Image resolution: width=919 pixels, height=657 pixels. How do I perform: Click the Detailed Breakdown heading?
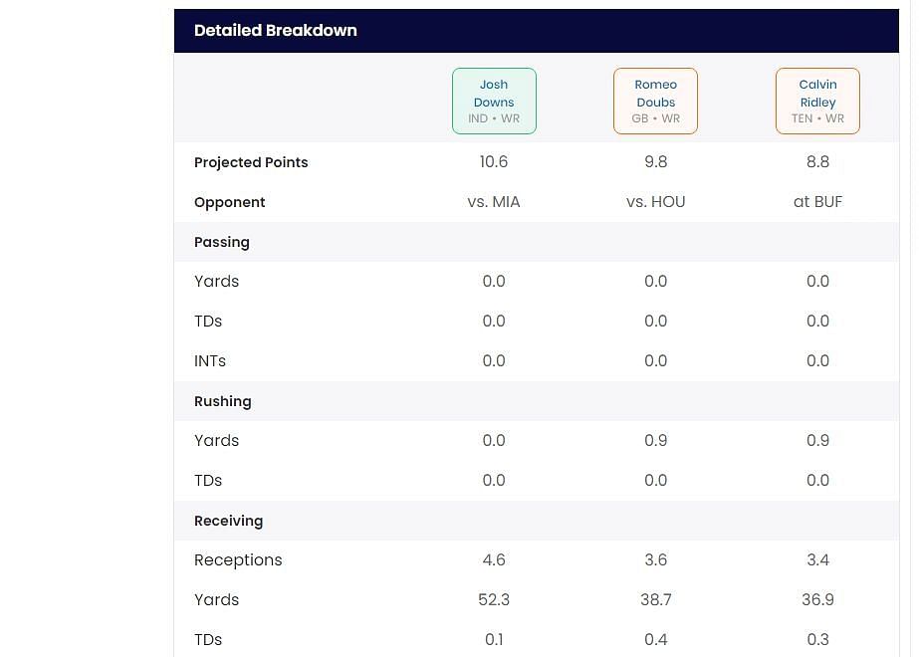[x=275, y=31]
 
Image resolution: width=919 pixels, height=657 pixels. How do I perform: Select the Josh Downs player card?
[x=494, y=101]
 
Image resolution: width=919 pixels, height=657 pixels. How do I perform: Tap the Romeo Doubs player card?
[x=655, y=101]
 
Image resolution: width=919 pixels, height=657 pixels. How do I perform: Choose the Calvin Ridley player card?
[x=817, y=101]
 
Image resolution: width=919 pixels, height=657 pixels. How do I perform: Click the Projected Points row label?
[x=251, y=162]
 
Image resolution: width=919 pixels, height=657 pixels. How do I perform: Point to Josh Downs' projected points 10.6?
[x=494, y=162]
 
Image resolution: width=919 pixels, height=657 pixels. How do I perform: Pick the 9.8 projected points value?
[x=655, y=162]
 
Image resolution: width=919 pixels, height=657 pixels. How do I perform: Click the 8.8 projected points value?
[x=817, y=162]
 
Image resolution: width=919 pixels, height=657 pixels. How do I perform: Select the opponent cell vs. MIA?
[x=494, y=202]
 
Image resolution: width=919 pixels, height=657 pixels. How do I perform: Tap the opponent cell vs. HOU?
[x=655, y=202]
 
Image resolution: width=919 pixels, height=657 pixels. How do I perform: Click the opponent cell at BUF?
[x=817, y=202]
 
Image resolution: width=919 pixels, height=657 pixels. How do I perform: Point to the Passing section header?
[x=222, y=242]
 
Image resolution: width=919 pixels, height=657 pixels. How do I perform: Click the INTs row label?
[x=210, y=361]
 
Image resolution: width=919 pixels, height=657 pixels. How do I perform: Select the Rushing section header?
[x=223, y=401]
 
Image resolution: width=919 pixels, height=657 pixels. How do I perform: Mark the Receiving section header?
[x=228, y=521]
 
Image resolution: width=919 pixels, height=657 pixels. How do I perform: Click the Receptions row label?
[x=238, y=560]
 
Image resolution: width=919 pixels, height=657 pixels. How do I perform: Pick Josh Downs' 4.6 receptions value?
[x=494, y=560]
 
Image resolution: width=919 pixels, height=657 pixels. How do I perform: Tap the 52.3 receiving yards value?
[x=494, y=600]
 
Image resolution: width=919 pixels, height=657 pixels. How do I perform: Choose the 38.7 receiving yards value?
[x=655, y=600]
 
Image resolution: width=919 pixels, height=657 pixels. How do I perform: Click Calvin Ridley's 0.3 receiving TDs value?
[x=817, y=640]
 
